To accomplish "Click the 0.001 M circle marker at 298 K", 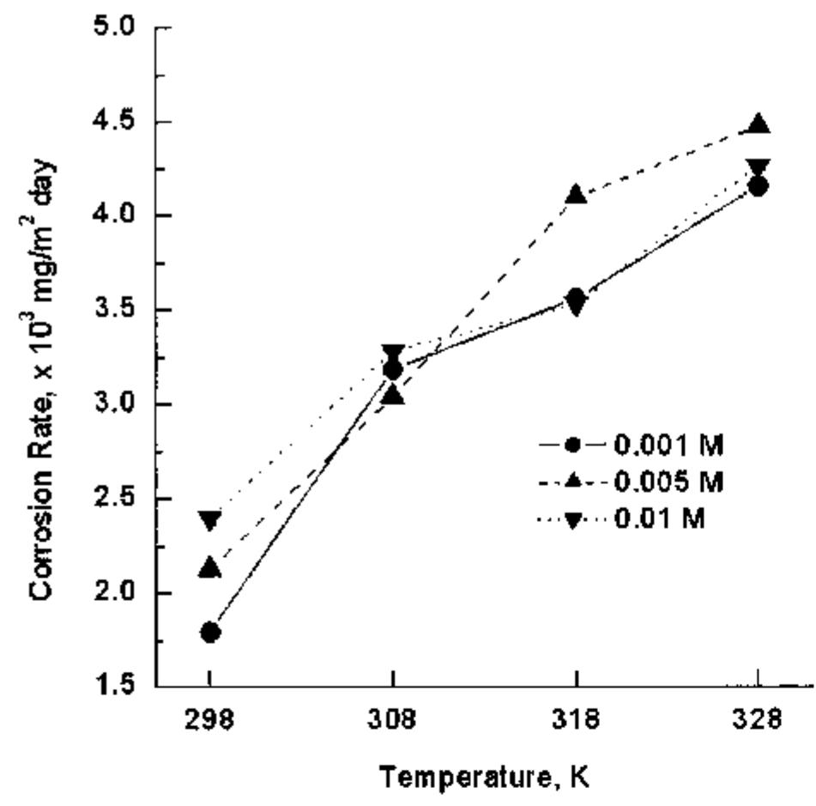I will coord(210,633).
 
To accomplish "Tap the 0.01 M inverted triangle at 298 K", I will coord(210,520).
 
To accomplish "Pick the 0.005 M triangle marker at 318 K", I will coord(576,195).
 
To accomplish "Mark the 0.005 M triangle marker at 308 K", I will coord(393,395).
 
